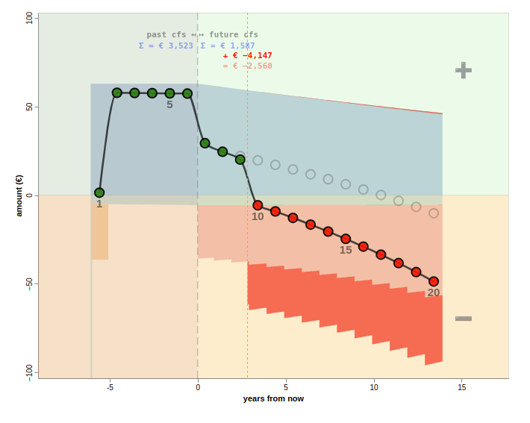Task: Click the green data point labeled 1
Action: (x=99, y=192)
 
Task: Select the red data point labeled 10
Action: (x=258, y=205)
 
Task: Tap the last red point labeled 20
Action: (x=434, y=281)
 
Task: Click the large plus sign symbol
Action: (x=464, y=70)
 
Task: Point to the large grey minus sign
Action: (x=464, y=319)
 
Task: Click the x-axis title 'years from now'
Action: (x=273, y=398)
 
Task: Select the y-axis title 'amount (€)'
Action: (x=19, y=195)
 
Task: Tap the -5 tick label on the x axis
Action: (x=110, y=387)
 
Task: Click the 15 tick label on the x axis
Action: (x=462, y=387)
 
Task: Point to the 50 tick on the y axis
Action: (x=29, y=107)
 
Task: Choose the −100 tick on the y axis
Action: (x=29, y=371)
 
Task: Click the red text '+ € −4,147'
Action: (x=247, y=55)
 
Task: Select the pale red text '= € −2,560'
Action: (x=247, y=66)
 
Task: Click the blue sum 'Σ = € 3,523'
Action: (x=166, y=46)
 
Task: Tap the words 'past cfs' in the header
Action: (x=166, y=34)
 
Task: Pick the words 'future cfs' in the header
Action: (x=234, y=34)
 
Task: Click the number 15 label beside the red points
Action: (x=346, y=250)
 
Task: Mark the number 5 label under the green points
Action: (x=169, y=104)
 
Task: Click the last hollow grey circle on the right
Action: (x=434, y=213)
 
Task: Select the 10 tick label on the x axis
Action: (x=374, y=387)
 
